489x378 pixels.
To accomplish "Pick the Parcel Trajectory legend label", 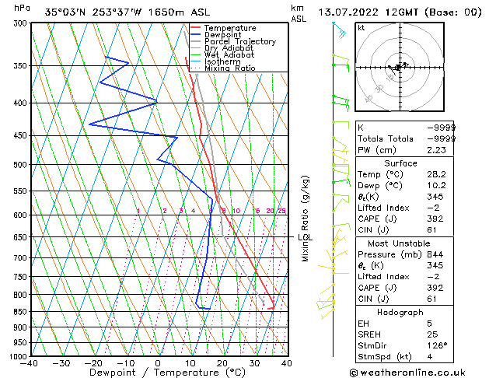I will (239, 42).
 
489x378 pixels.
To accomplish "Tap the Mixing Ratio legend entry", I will (230, 68).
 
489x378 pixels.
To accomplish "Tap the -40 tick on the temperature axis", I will (30, 363).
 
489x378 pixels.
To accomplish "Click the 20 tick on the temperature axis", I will (222, 363).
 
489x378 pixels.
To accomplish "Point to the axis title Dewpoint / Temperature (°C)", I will (158, 373).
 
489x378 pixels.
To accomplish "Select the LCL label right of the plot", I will (305, 237).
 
